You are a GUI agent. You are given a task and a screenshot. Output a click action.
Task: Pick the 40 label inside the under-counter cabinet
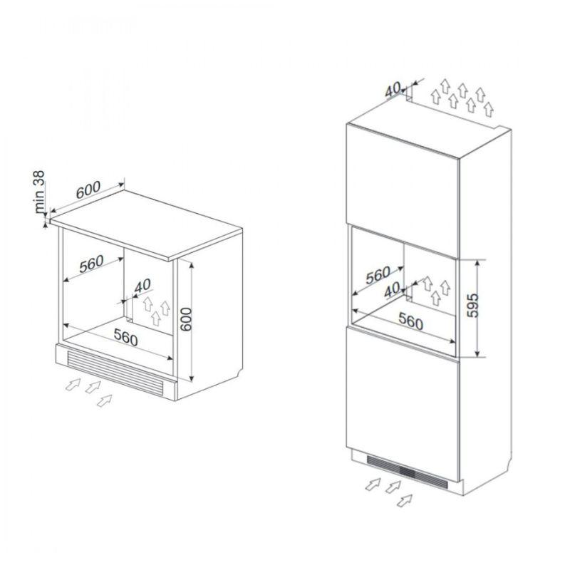pyautogui.click(x=142, y=286)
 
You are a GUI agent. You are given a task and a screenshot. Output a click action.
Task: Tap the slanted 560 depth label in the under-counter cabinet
pyautogui.click(x=92, y=265)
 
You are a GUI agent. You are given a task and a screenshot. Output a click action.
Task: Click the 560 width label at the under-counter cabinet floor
pyautogui.click(x=125, y=338)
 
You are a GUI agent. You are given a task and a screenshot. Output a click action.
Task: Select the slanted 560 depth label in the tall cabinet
pyautogui.click(x=377, y=275)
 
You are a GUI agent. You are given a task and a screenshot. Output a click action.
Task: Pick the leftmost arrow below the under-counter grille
pyautogui.click(x=71, y=385)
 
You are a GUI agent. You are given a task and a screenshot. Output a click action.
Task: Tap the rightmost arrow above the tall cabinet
pyautogui.click(x=488, y=109)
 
